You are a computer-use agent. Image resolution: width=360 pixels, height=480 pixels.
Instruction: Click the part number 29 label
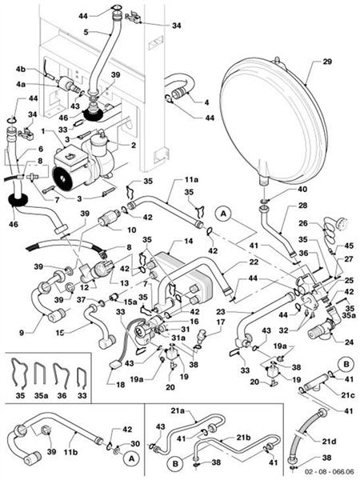click(326, 62)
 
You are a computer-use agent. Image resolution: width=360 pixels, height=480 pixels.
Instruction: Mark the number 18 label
click(121, 385)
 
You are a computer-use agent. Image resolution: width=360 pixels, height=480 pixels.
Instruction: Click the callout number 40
click(278, 190)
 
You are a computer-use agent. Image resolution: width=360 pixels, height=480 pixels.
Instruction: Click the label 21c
click(348, 394)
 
